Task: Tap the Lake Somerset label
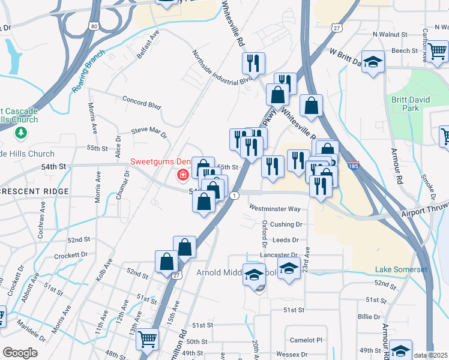(401, 269)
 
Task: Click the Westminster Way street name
(275, 209)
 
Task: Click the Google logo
(20, 353)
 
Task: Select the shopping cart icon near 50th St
(147, 340)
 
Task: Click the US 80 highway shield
(93, 26)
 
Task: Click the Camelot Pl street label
(306, 340)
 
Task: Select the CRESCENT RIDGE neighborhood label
(34, 191)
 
